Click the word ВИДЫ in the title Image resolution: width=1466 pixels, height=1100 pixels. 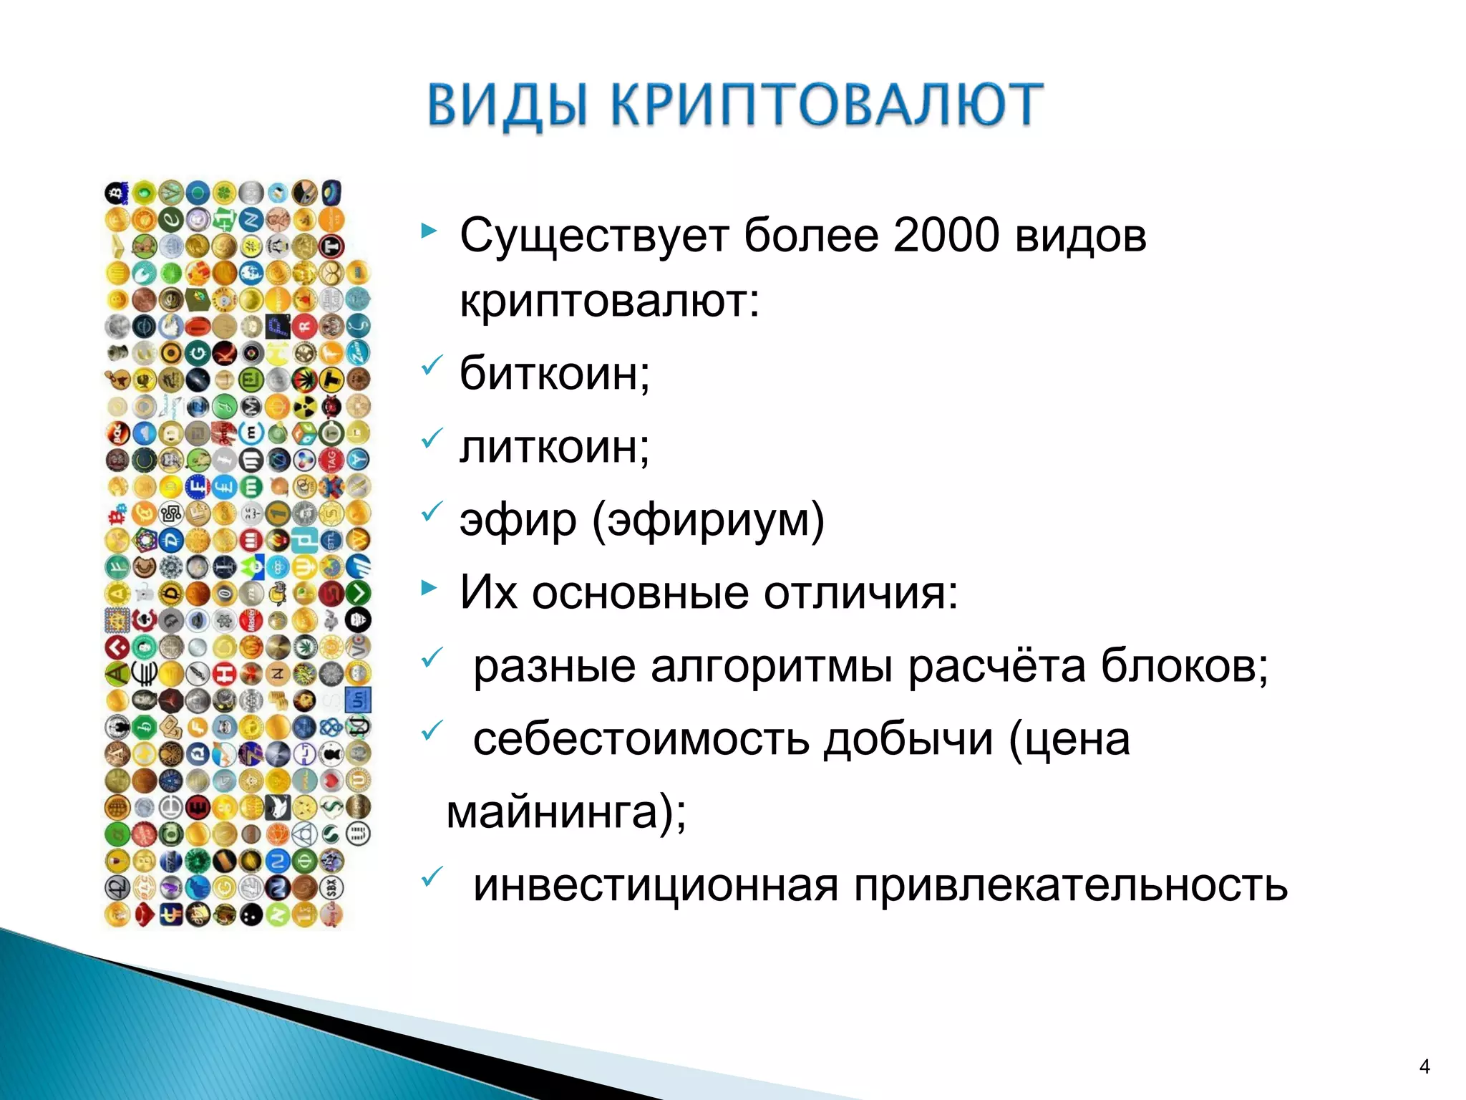click(x=507, y=105)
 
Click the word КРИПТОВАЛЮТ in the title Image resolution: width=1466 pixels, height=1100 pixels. click(x=827, y=105)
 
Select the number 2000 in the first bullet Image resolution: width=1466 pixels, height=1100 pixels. click(x=946, y=235)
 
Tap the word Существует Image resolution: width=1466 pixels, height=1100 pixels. click(x=593, y=235)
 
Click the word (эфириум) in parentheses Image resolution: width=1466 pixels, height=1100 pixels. click(x=708, y=520)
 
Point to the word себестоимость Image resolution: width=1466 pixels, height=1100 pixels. click(x=641, y=739)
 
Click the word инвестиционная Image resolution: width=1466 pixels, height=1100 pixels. click(x=656, y=886)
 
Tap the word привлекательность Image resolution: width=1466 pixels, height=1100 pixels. click(x=1070, y=886)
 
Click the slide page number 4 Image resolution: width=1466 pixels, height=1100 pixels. click(x=1424, y=1067)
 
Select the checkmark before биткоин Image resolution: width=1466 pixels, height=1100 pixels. click(x=431, y=365)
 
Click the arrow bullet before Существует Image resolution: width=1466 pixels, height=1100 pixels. click(x=429, y=231)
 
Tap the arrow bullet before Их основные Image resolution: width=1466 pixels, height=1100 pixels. click(x=429, y=589)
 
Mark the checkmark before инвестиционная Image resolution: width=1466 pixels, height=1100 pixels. click(x=431, y=877)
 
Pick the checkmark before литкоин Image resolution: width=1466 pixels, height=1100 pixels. click(x=431, y=438)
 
